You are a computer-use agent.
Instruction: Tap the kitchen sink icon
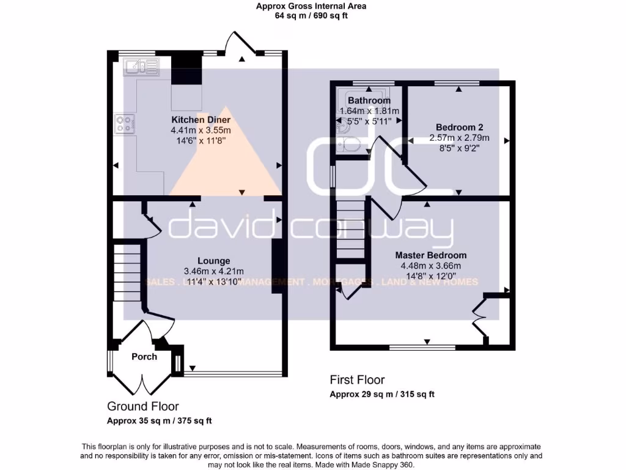pos(141,66)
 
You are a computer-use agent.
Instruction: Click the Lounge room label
pos(213,261)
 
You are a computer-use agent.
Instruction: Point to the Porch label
pos(144,357)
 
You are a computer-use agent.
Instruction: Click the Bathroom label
pos(369,100)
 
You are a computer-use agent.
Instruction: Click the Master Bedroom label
pos(430,255)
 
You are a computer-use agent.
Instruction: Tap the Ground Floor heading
pos(143,406)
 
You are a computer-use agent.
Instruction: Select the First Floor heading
pos(357,380)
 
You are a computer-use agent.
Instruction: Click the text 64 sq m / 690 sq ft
pos(312,17)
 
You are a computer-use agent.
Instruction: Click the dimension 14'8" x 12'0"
pos(430,276)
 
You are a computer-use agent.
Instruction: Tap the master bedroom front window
pos(422,347)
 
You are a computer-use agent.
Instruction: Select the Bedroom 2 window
pos(457,83)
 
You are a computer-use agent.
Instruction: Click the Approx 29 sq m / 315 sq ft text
pos(382,394)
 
